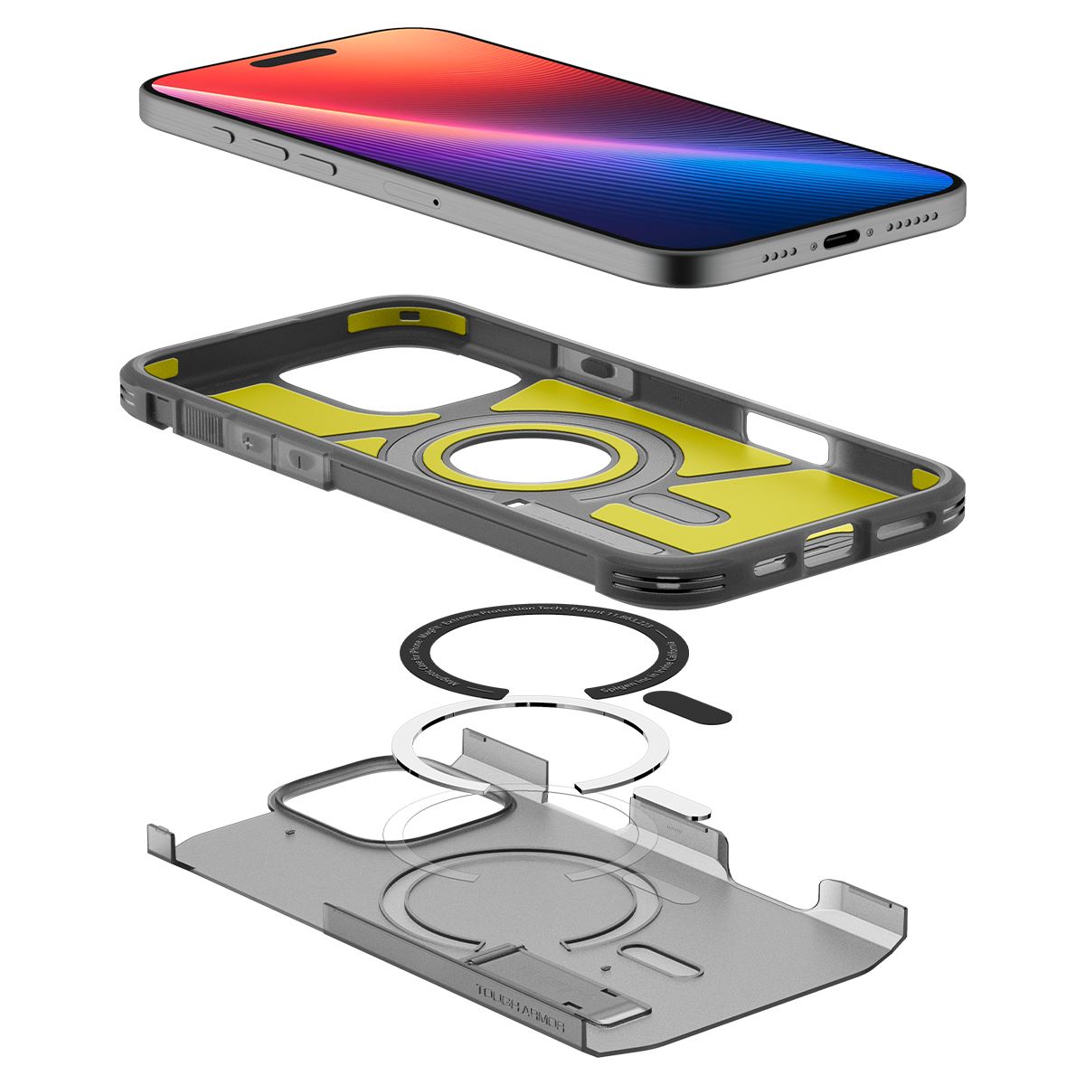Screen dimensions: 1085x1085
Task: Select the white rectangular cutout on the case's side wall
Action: point(787,432)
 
